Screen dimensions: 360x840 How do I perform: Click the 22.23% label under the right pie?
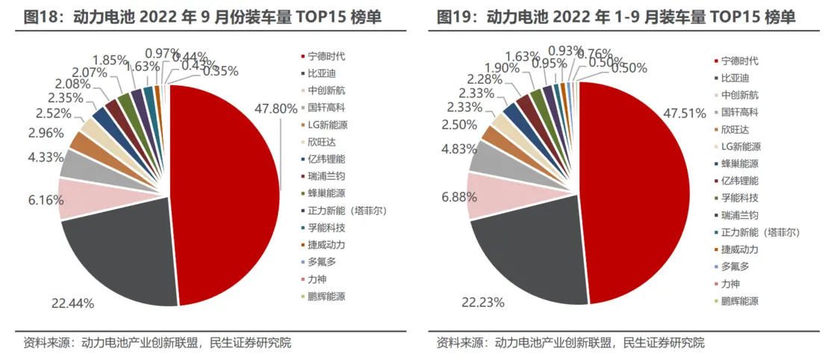coord(483,302)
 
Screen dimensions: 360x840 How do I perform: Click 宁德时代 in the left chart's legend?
coord(326,56)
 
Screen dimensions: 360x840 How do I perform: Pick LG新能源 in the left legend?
coord(329,124)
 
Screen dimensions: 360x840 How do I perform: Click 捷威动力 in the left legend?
coord(326,244)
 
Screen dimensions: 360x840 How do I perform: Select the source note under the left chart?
coord(157,343)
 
